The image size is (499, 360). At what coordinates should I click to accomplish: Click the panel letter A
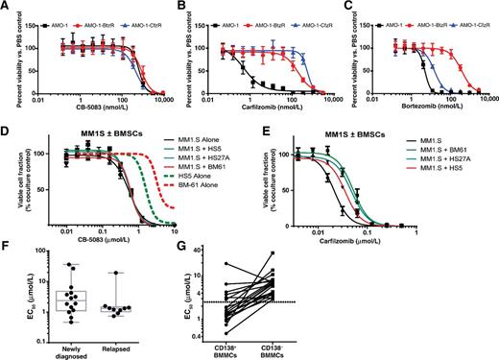tap(6, 7)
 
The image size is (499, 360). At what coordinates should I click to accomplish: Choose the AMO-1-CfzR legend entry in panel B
tap(308, 10)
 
